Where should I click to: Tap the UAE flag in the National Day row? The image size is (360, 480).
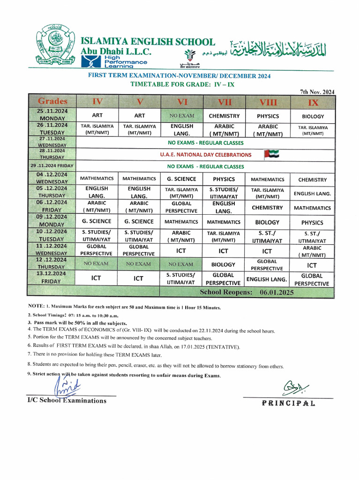pos(271,154)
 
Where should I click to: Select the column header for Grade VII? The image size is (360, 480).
pos(225,102)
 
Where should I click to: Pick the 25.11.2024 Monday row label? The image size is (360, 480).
pos(52,115)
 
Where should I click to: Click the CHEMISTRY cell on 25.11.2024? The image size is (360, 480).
pos(224,116)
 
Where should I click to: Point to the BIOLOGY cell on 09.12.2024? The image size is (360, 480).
pos(267,222)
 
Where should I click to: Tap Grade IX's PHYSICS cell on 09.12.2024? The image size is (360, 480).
pos(312,223)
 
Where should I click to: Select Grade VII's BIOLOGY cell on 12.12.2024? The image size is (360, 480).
pos(224,265)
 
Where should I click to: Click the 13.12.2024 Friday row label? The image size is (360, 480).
pos(52,277)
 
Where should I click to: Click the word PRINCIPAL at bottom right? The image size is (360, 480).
pos(288,403)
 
